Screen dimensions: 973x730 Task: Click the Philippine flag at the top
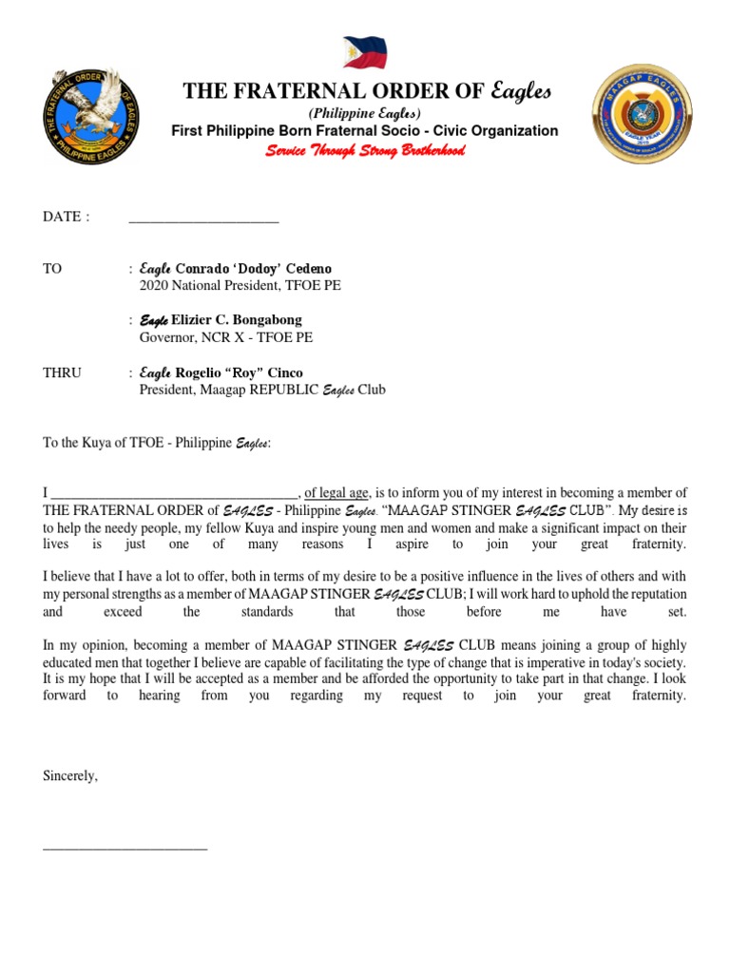click(364, 51)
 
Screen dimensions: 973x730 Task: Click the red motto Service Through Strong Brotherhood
click(365, 151)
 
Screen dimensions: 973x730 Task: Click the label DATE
click(67, 217)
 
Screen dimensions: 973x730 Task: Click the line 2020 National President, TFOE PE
click(240, 285)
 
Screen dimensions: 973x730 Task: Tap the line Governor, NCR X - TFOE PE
click(225, 337)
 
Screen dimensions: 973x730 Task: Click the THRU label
click(62, 372)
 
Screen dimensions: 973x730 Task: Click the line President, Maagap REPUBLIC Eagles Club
click(262, 390)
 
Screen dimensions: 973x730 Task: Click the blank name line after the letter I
click(175, 493)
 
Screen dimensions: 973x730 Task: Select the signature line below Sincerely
click(125, 845)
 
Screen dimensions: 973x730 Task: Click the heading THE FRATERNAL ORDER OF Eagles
click(366, 91)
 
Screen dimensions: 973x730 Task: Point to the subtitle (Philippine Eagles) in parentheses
click(365, 113)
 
